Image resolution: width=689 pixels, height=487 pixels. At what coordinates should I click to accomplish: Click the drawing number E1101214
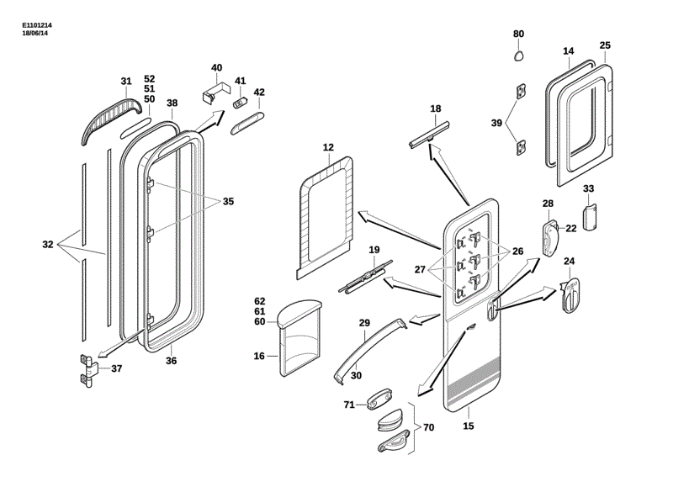[38, 26]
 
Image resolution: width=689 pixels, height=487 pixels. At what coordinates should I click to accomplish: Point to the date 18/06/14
[34, 34]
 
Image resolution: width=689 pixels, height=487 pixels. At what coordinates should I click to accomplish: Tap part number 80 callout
[519, 34]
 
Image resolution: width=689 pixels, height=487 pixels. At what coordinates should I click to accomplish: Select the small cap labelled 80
[519, 56]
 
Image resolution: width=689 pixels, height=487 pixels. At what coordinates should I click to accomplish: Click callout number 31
[126, 82]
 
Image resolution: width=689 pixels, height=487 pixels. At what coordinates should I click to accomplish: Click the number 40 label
[216, 67]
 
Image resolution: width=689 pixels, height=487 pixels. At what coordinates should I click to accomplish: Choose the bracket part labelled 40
[216, 90]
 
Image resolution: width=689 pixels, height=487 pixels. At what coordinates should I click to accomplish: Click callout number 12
[328, 148]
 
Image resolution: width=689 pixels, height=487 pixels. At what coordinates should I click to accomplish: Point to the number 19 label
[374, 250]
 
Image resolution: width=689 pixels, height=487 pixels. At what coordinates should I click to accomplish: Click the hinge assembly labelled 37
[88, 368]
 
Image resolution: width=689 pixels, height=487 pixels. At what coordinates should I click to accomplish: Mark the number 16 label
[260, 356]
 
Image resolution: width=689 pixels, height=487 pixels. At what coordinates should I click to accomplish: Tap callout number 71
[348, 405]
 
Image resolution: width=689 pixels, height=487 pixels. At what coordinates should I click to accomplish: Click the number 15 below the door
[469, 426]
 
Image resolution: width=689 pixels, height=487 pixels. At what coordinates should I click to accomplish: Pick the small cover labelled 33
[589, 214]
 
